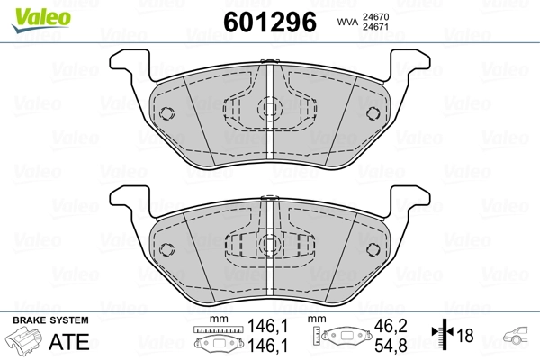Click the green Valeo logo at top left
pyautogui.click(x=41, y=20)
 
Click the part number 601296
pyautogui.click(x=270, y=22)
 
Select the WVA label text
pyautogui.click(x=347, y=22)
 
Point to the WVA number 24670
pyautogui.click(x=375, y=16)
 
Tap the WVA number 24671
pyautogui.click(x=375, y=27)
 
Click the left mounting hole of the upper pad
pyautogui.click(x=166, y=113)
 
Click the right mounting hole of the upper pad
pyautogui.click(x=373, y=113)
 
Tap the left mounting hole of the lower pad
pyautogui.click(x=166, y=249)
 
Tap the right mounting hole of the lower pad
pyautogui.click(x=373, y=249)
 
